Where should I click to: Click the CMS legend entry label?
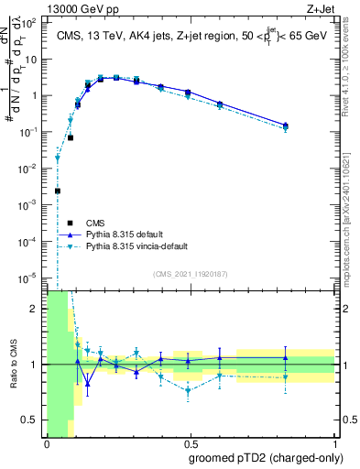(94, 222)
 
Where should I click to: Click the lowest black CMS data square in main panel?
(58, 191)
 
